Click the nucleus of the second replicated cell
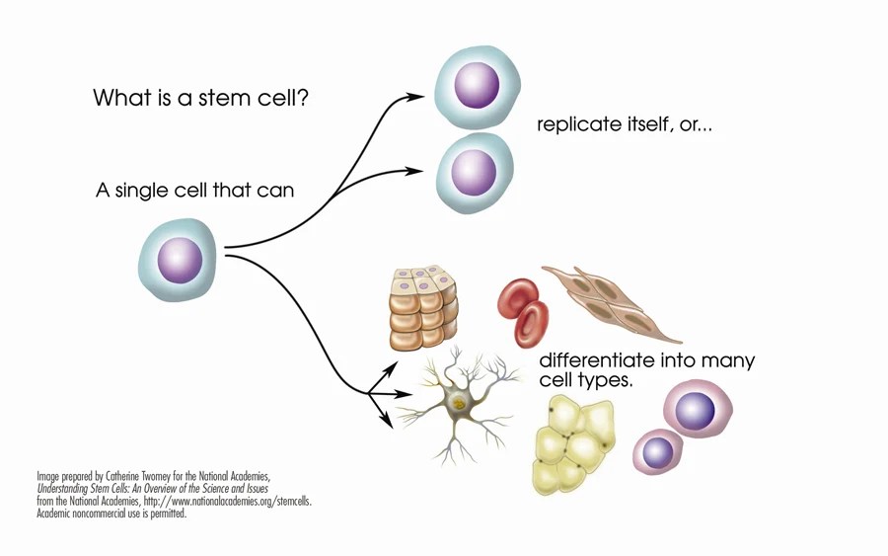(474, 174)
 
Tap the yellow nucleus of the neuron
(457, 403)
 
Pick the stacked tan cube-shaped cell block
(422, 310)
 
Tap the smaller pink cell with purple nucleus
(656, 452)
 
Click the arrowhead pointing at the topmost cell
(418, 97)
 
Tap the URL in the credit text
(226, 501)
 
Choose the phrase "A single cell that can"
(194, 190)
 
